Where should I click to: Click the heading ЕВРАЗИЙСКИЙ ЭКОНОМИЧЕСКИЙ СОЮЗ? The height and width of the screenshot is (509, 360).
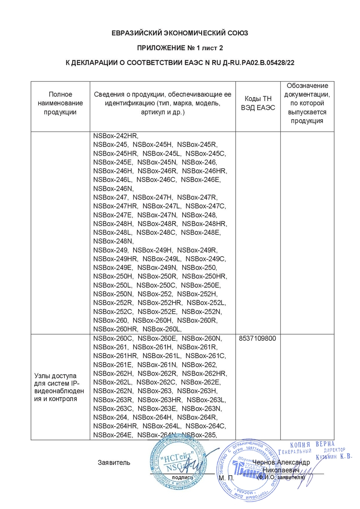pyautogui.click(x=180, y=33)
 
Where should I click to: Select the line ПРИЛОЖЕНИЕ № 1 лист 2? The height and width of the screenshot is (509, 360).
pyautogui.click(x=180, y=48)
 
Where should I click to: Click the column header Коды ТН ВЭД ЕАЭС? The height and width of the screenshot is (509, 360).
pyautogui.click(x=258, y=103)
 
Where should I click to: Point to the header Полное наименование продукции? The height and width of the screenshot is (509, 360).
pyautogui.click(x=60, y=103)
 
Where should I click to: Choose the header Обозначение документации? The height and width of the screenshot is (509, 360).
pyautogui.click(x=307, y=103)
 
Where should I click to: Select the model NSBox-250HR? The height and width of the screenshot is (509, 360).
pyautogui.click(x=204, y=276)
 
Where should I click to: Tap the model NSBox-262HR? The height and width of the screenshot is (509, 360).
pyautogui.click(x=204, y=373)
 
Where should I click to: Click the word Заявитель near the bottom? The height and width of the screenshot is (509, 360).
pyautogui.click(x=114, y=462)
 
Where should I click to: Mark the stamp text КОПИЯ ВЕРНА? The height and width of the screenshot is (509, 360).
pyautogui.click(x=312, y=444)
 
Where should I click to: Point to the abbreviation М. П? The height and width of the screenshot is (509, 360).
pyautogui.click(x=226, y=478)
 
